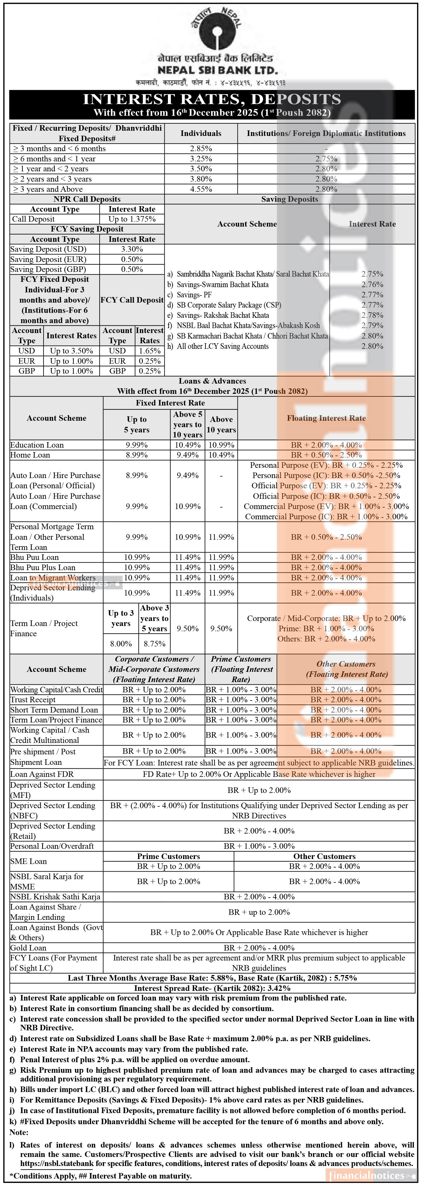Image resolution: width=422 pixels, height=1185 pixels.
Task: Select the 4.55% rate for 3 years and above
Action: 201,189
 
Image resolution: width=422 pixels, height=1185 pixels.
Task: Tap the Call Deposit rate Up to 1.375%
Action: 132,219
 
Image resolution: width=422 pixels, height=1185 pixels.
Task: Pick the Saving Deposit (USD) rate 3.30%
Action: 132,249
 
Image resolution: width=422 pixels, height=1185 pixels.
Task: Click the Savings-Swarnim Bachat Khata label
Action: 223,284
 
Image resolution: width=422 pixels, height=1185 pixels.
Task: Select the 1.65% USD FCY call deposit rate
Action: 150,351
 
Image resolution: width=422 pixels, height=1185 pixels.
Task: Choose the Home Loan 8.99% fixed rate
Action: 137,455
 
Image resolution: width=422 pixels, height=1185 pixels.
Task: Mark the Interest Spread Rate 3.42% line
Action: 212,988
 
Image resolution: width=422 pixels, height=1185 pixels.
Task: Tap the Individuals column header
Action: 201,133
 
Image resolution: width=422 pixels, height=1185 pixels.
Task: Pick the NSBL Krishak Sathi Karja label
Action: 55,896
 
